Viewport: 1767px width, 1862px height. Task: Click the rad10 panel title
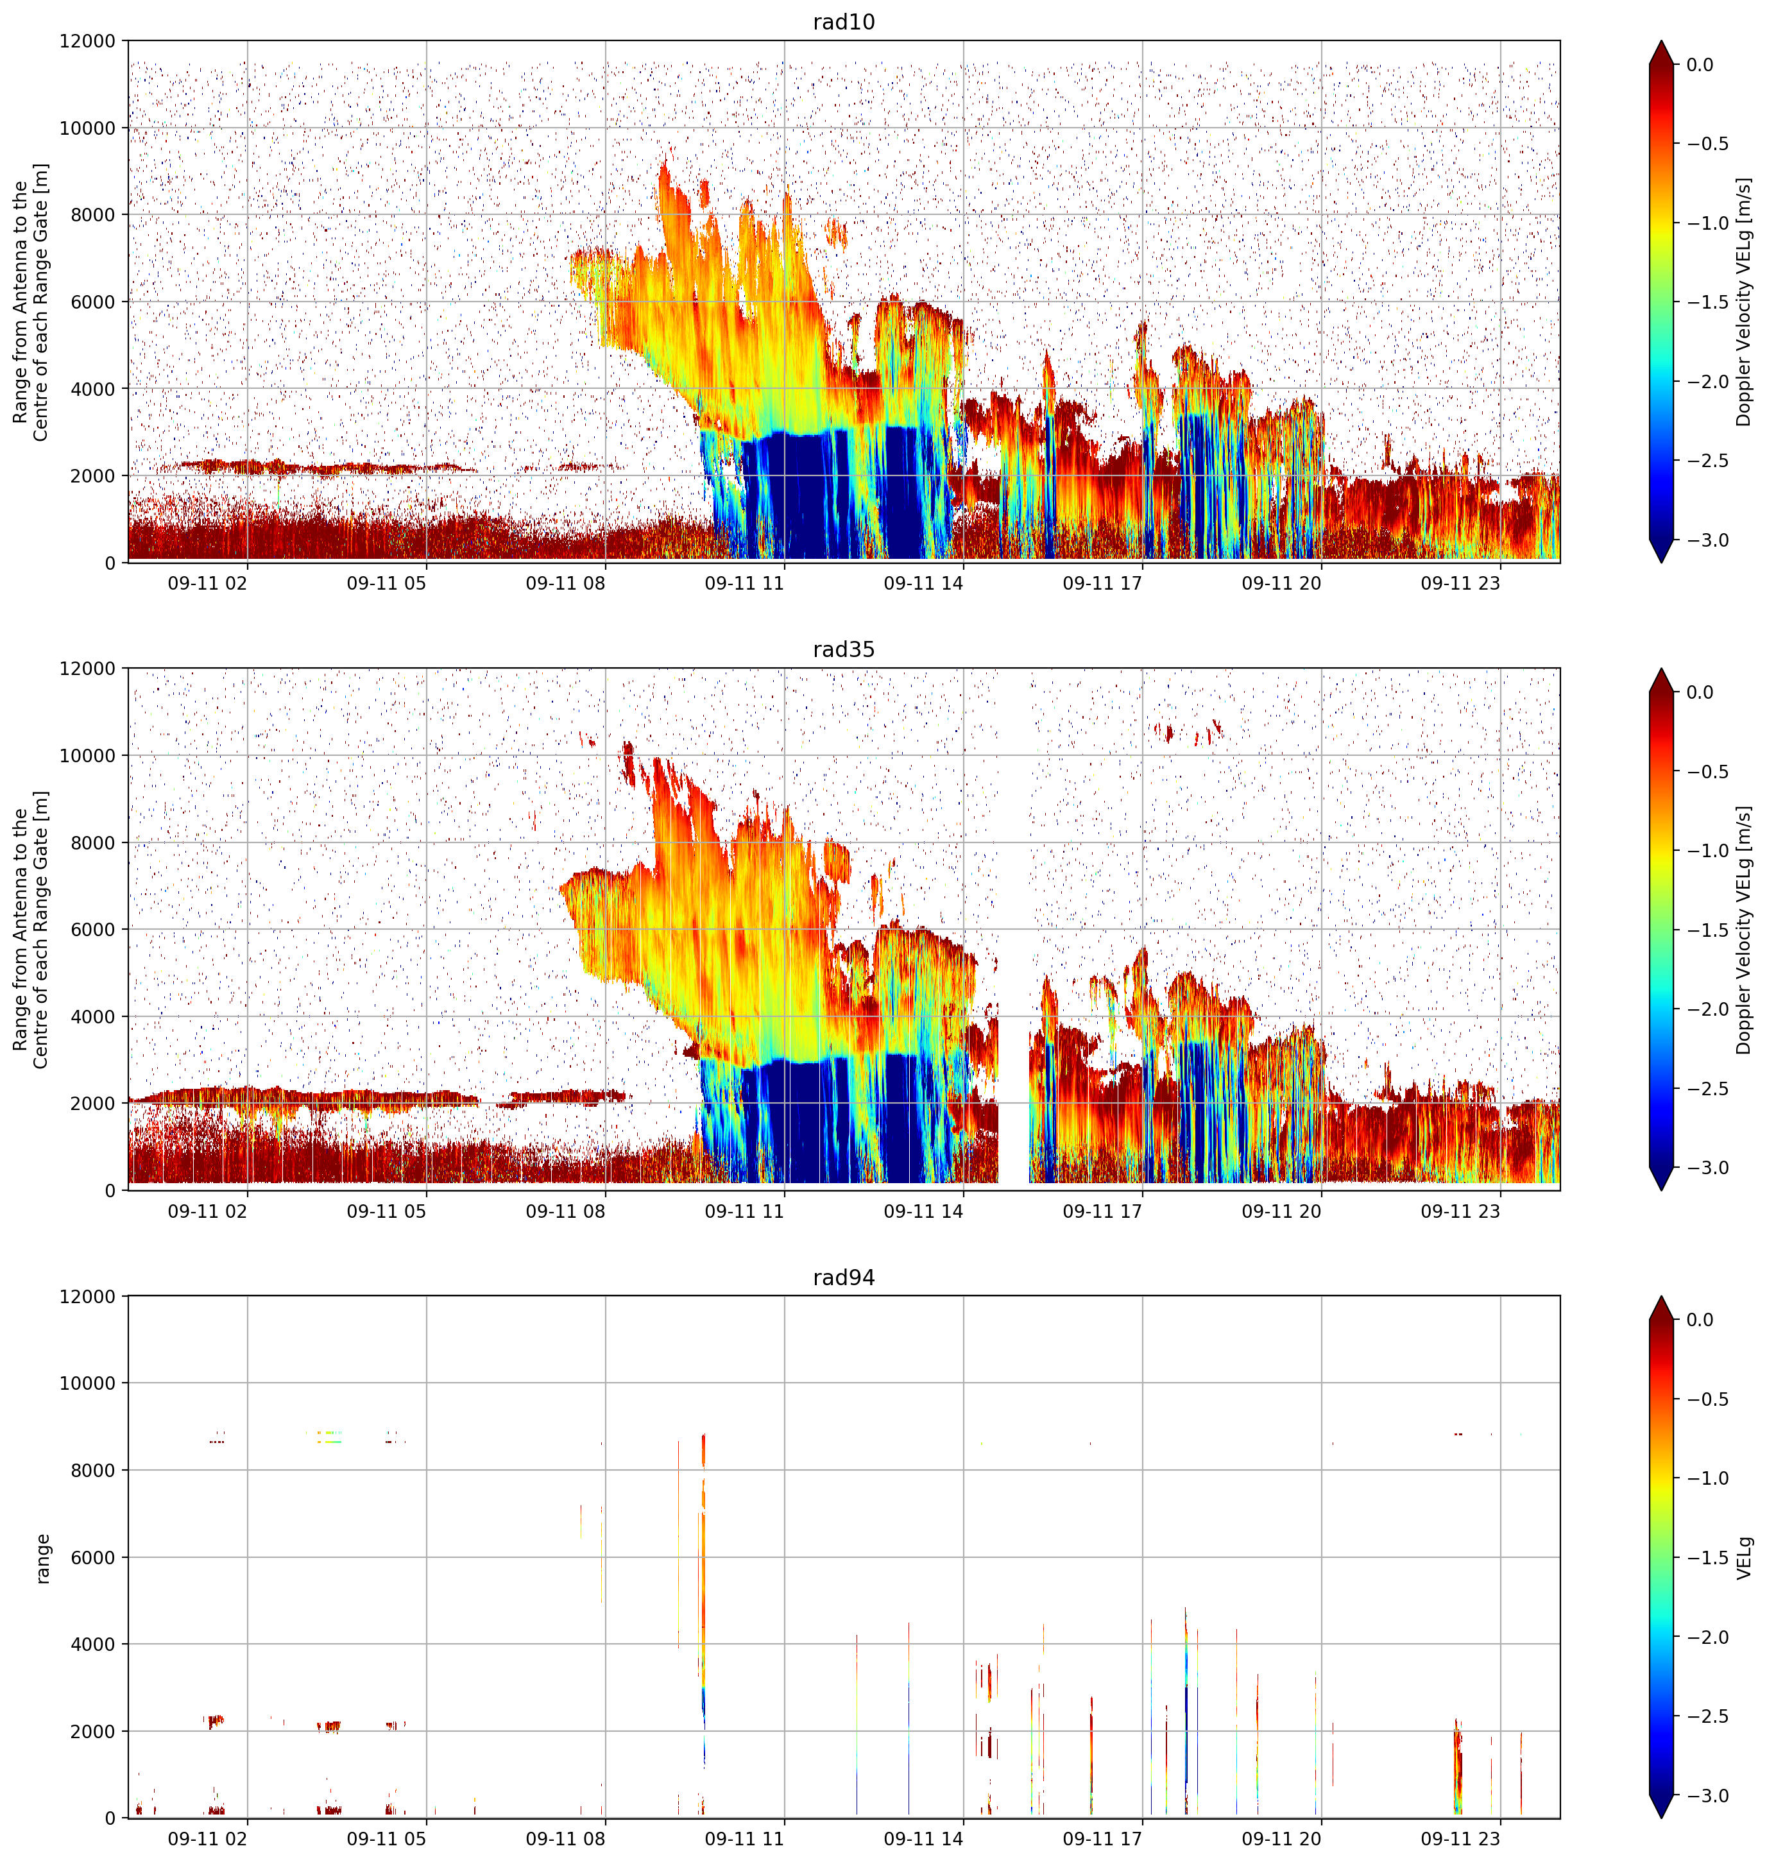click(844, 22)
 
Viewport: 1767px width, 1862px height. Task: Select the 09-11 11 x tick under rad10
click(744, 583)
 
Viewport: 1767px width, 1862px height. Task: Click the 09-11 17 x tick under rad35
click(1102, 1211)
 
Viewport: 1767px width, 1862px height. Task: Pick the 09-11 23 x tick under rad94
click(1460, 1838)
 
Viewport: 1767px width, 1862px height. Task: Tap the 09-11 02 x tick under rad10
click(207, 583)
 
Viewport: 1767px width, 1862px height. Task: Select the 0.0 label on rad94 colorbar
click(1700, 1320)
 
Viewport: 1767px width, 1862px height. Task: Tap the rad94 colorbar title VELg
click(1745, 1558)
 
